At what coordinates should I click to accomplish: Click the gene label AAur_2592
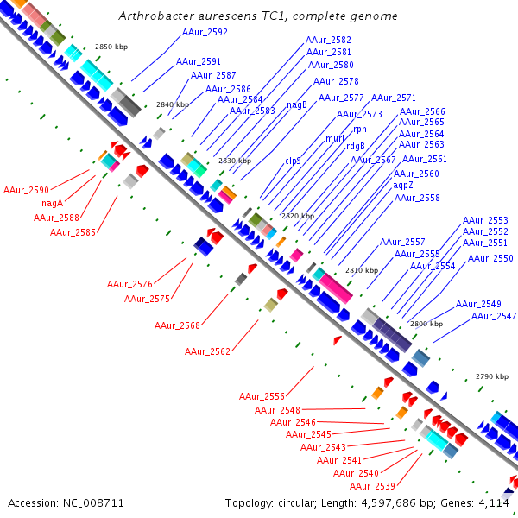[x=205, y=32]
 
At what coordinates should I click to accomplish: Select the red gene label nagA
[x=53, y=203]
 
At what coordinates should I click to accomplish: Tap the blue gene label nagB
[x=297, y=104]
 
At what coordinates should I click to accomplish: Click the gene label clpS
[x=294, y=161]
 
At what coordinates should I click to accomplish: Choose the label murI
[x=334, y=138]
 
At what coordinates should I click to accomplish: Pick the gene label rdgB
[x=355, y=146]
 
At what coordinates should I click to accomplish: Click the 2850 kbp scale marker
[x=111, y=47]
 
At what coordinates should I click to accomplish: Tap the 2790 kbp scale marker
[x=492, y=377]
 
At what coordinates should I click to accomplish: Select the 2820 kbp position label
[x=298, y=216]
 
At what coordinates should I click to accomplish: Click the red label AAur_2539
[x=372, y=486]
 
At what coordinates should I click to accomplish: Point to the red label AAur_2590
[x=26, y=189]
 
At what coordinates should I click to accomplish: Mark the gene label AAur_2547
[x=494, y=317]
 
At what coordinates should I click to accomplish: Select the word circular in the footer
[x=297, y=502]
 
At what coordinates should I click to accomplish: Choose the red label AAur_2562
[x=207, y=351]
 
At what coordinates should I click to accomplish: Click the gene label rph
[x=360, y=129]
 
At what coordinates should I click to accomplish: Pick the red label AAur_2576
[x=129, y=284]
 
